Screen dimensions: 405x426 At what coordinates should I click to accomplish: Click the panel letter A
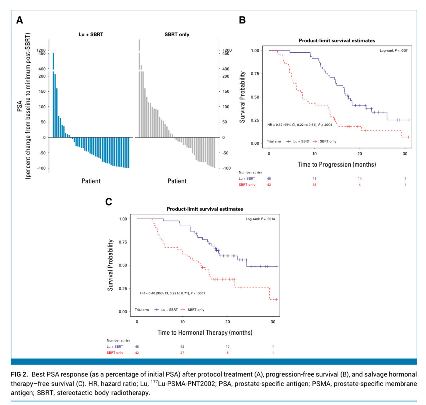tap(19, 20)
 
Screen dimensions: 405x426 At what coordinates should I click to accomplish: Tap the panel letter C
tap(108, 202)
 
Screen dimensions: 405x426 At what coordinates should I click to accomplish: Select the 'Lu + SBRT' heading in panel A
tap(91, 35)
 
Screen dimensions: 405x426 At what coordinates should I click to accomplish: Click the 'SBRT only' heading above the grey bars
tap(177, 35)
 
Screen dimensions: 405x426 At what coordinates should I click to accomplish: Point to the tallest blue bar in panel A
tap(53, 94)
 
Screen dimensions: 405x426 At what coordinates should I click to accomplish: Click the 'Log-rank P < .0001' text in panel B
tap(394, 50)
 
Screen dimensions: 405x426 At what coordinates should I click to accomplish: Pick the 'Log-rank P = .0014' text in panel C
tap(260, 219)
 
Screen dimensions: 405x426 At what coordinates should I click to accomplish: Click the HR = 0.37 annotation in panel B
tap(299, 125)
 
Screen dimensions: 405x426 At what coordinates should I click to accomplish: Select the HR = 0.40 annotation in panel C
tap(172, 293)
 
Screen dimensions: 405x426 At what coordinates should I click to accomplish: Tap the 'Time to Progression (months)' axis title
tap(337, 164)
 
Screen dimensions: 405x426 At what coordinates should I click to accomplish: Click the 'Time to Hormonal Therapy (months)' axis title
tap(205, 333)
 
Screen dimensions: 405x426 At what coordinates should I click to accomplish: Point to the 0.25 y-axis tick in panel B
tap(255, 120)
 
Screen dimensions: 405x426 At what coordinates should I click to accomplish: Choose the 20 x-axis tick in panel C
tap(228, 322)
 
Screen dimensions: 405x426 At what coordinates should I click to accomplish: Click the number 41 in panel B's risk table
tap(314, 179)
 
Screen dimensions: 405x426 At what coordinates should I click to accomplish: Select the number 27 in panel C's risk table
tap(182, 353)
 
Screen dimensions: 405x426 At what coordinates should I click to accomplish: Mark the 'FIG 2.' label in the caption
tap(19, 374)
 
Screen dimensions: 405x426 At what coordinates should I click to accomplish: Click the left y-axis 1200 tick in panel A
tap(41, 50)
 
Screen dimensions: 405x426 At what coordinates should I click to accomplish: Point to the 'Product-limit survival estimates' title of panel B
tap(337, 41)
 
